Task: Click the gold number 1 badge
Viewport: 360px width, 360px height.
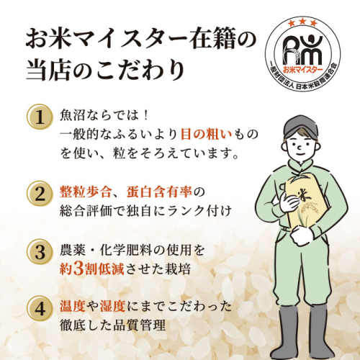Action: pyautogui.click(x=40, y=117)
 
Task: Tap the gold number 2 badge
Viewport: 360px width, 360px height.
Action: pyautogui.click(x=40, y=194)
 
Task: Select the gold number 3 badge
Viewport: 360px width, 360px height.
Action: pyautogui.click(x=40, y=252)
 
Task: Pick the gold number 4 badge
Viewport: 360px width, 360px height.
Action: pyautogui.click(x=40, y=309)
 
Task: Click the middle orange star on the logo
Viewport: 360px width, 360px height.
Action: pyautogui.click(x=302, y=22)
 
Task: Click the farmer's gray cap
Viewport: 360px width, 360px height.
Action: pyautogui.click(x=301, y=127)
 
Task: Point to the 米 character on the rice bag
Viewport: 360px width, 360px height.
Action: pyautogui.click(x=304, y=195)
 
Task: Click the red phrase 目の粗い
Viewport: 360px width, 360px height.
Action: pyautogui.click(x=206, y=134)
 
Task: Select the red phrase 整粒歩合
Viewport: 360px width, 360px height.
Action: pyautogui.click(x=85, y=192)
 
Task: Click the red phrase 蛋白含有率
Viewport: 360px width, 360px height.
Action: pyautogui.click(x=159, y=192)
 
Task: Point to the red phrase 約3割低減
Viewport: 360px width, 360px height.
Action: pyautogui.click(x=92, y=269)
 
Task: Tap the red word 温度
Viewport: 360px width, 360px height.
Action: pyautogui.click(x=73, y=306)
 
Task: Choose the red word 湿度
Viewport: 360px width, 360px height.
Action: pyautogui.click(x=112, y=306)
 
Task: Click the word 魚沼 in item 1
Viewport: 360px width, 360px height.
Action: pyautogui.click(x=72, y=115)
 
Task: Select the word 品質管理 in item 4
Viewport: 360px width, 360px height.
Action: pyautogui.click(x=139, y=325)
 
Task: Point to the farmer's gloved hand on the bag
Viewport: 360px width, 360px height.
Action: pyautogui.click(x=290, y=202)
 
